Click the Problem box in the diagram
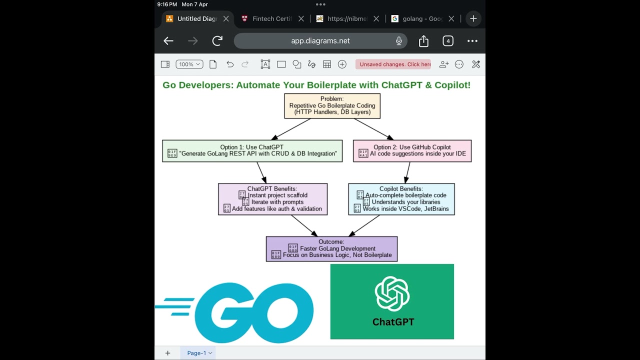pos(332,105)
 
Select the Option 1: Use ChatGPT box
pos(252,150)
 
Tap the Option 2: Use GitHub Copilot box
pos(412,150)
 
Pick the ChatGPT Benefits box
pos(272,199)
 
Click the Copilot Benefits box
pos(401,199)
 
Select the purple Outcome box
pos(331,248)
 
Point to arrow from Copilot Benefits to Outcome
pos(364,225)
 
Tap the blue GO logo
pos(255,312)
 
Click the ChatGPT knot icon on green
pos(392,293)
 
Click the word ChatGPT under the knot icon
pos(393,322)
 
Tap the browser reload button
pos(217,41)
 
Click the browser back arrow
pos(168,41)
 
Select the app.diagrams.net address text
pos(320,41)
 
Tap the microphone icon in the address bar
pos(399,41)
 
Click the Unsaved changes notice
pos(393,64)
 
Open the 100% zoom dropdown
pos(189,64)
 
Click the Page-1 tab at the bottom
pos(199,353)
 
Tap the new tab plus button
pos(473,18)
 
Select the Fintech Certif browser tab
pos(271,18)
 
